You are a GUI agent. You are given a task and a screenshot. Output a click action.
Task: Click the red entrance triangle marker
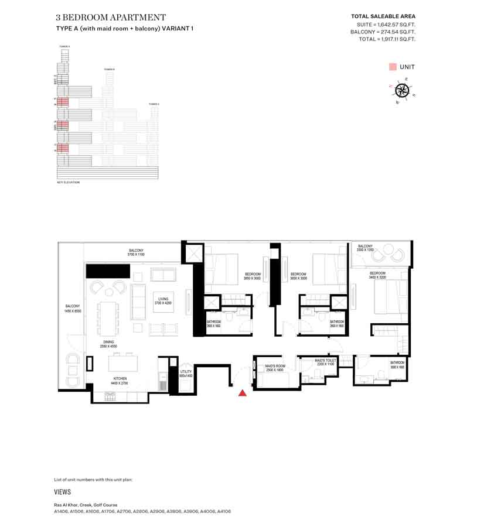(x=242, y=393)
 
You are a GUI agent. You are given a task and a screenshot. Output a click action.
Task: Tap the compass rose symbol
(x=402, y=90)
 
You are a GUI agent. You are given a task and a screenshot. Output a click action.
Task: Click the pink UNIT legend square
(x=392, y=67)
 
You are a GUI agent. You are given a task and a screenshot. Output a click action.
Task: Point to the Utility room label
(x=186, y=373)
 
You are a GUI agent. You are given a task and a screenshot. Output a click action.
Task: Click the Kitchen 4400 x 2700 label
(x=120, y=381)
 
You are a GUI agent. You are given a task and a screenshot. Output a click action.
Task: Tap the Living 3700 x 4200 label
(x=163, y=301)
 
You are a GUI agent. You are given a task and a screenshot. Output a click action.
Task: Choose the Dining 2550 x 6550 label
(x=108, y=344)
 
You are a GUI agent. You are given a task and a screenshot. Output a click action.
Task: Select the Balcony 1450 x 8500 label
(x=73, y=309)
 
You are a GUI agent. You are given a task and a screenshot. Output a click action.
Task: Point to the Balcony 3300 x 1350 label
(x=365, y=248)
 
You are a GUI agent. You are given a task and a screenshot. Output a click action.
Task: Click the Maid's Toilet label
(x=324, y=362)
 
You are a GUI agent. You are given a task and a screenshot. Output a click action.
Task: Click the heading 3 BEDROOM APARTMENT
(x=111, y=18)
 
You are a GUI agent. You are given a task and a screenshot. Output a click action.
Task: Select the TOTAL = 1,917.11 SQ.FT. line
(x=387, y=39)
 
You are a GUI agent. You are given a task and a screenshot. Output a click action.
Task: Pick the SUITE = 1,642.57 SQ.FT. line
(x=386, y=24)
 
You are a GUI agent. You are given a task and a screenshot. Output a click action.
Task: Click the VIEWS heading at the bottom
(x=63, y=492)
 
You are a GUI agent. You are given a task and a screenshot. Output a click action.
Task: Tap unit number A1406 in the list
(x=62, y=511)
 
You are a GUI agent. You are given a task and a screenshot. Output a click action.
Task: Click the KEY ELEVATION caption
(x=68, y=183)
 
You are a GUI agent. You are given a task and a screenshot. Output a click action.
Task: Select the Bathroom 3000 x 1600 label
(x=397, y=364)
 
